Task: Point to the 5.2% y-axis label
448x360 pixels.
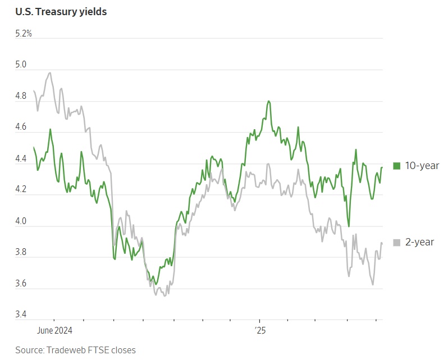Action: coord(24,34)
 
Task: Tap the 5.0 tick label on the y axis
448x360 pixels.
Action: coord(21,65)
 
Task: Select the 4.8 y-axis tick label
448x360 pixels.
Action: coord(21,97)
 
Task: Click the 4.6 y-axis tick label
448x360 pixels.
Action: coord(21,128)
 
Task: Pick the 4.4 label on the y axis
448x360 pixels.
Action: coord(21,160)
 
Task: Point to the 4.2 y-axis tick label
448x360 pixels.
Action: coord(21,190)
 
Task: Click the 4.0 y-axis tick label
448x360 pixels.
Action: coord(21,222)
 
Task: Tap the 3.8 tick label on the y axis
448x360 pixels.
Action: coord(21,253)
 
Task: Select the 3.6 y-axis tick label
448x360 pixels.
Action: coord(21,285)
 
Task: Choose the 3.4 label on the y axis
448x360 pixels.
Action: coord(21,316)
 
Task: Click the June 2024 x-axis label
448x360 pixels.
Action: coord(54,330)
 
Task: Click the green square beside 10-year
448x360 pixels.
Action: coord(396,166)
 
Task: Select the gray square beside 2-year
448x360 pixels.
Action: coord(396,243)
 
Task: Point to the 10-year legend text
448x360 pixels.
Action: coord(422,166)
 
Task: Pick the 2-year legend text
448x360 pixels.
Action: coord(420,243)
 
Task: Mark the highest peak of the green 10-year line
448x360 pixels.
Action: coord(269,101)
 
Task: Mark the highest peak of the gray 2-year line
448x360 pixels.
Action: coord(50,72)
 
